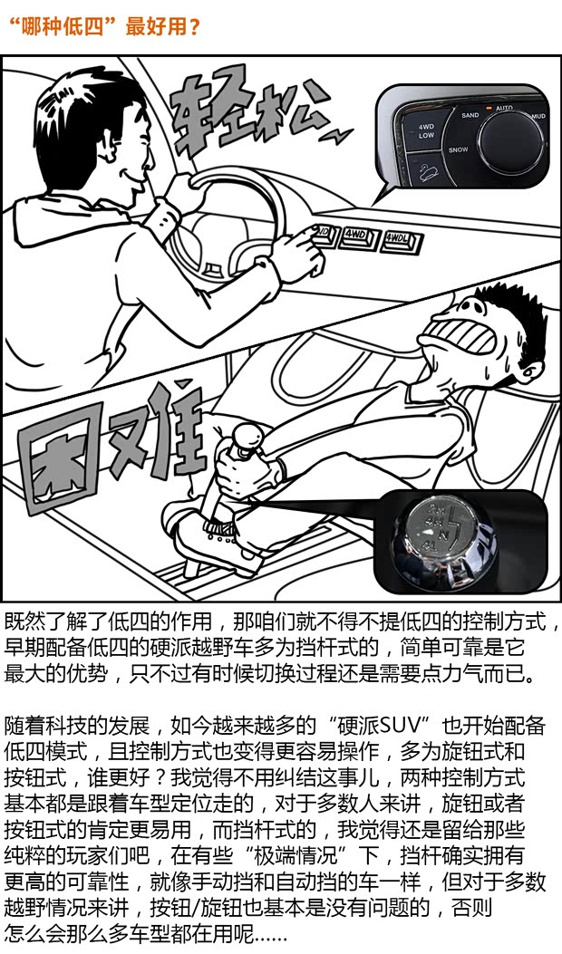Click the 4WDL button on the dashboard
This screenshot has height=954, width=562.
396,240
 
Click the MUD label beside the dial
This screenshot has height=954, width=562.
538,117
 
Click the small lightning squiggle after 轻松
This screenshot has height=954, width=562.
339,136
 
